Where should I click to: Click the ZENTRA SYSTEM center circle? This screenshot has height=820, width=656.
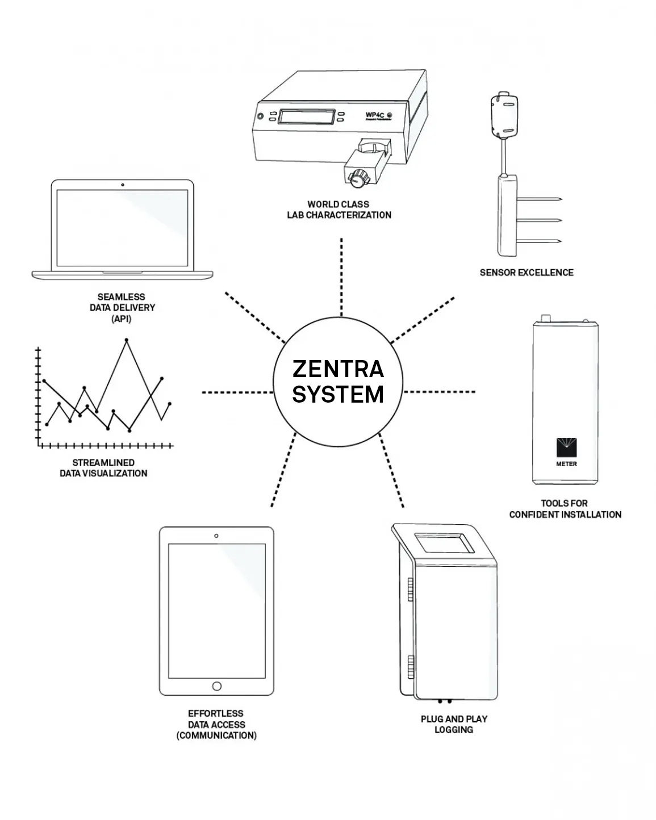pyautogui.click(x=338, y=381)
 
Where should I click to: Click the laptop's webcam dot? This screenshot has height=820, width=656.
pyautogui.click(x=123, y=185)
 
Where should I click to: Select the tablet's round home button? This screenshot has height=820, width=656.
pyautogui.click(x=216, y=686)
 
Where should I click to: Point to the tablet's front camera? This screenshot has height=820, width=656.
pyautogui.click(x=216, y=535)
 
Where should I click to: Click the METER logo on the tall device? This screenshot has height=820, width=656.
pyautogui.click(x=566, y=451)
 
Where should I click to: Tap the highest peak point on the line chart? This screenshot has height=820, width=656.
pyautogui.click(x=126, y=340)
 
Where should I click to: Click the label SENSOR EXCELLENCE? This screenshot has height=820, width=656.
pyautogui.click(x=527, y=273)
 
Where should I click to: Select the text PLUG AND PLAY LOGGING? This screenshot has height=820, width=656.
pyautogui.click(x=454, y=724)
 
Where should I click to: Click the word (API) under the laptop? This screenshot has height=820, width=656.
pyautogui.click(x=122, y=319)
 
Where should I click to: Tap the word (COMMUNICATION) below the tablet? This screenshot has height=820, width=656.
pyautogui.click(x=216, y=735)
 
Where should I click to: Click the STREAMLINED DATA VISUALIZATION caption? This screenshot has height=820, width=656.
pyautogui.click(x=103, y=468)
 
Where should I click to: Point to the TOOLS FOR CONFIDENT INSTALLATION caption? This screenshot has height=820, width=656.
pyautogui.click(x=565, y=509)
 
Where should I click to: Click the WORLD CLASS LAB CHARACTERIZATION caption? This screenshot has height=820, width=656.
pyautogui.click(x=339, y=210)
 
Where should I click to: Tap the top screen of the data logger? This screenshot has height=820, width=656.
pyautogui.click(x=444, y=543)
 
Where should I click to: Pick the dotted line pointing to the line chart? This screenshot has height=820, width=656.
pyautogui.click(x=237, y=392)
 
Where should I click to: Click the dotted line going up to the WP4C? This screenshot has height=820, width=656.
pyautogui.click(x=341, y=277)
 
